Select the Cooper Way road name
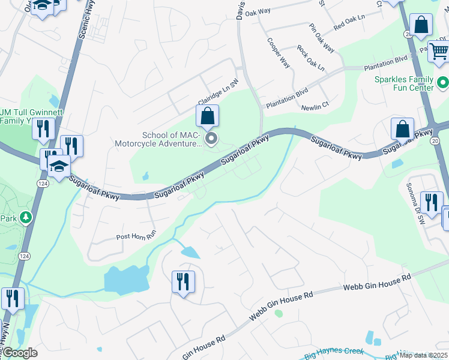[x=279, y=53]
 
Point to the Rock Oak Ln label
[x=311, y=58]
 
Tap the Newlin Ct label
[x=316, y=104]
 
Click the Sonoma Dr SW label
[x=414, y=203]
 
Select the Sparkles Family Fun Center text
[x=403, y=83]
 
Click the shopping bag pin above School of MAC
[x=208, y=116]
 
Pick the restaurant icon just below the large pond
[x=183, y=281]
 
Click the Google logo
[x=19, y=353]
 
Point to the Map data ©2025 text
[x=424, y=355]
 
